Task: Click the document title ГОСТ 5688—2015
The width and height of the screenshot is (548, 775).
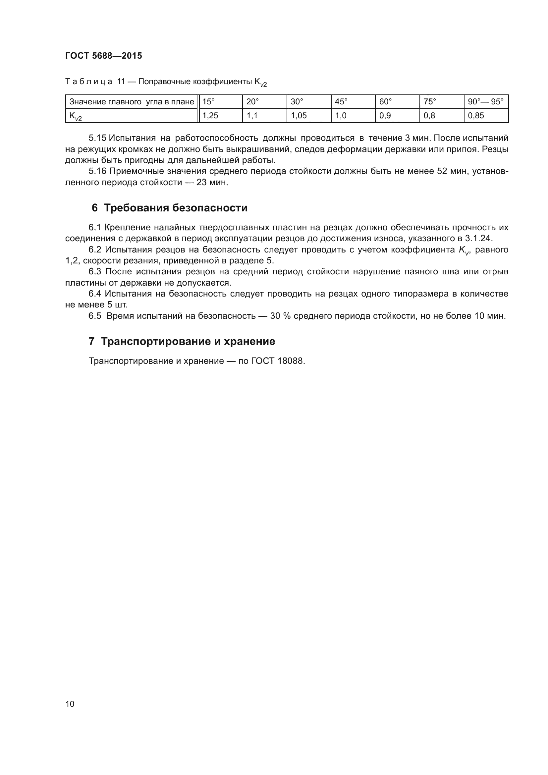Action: pyautogui.click(x=104, y=56)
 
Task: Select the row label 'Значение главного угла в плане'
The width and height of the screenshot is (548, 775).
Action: pyautogui.click(x=131, y=102)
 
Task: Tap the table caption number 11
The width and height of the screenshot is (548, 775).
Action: pyautogui.click(x=121, y=82)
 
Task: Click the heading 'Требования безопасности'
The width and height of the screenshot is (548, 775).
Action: pyautogui.click(x=176, y=208)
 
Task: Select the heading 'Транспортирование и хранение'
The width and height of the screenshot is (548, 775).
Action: pyautogui.click(x=188, y=342)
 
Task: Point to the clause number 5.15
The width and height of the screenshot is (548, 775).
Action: pyautogui.click(x=97, y=138)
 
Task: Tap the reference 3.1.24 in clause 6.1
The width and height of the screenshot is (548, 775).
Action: pyautogui.click(x=478, y=239)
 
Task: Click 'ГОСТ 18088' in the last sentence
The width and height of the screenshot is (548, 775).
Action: pyautogui.click(x=278, y=361)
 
